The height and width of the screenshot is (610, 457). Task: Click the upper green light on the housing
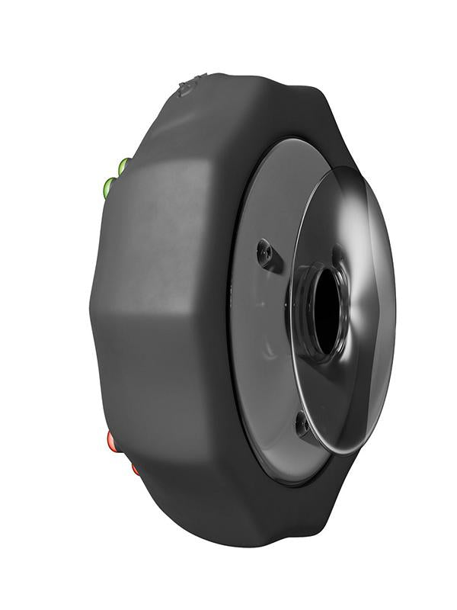(124, 164)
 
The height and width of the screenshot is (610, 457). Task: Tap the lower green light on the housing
(110, 185)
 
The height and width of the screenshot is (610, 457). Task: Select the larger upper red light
(112, 440)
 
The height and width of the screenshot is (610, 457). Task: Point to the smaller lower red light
(135, 468)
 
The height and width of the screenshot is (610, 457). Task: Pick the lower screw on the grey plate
(302, 422)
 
